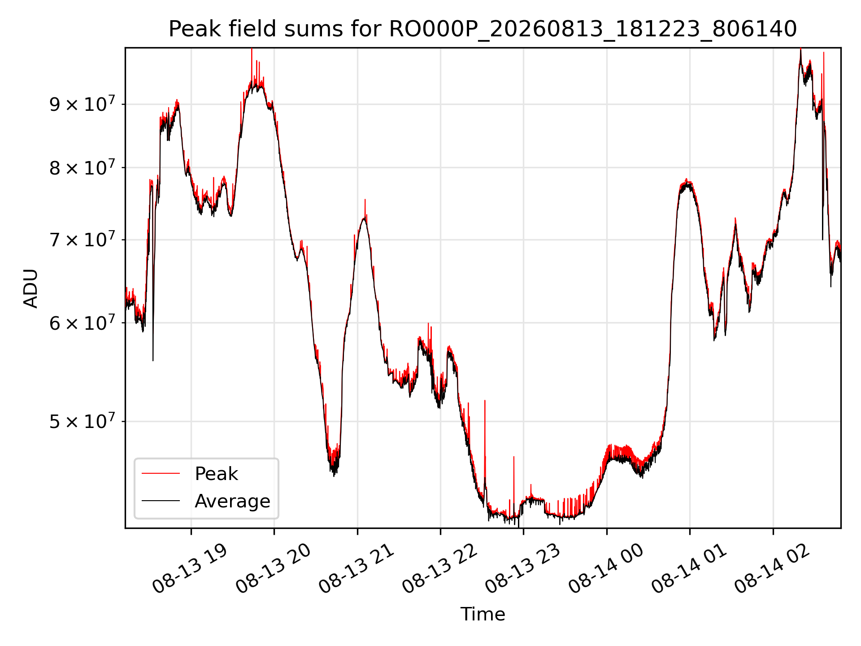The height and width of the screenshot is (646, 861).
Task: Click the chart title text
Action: [x=483, y=29]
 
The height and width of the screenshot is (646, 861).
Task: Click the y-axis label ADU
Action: [x=31, y=288]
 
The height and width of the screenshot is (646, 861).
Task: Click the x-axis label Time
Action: [x=483, y=614]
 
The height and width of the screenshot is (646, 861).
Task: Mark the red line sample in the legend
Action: [x=161, y=473]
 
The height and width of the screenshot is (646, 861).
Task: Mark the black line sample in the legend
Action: [x=161, y=501]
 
